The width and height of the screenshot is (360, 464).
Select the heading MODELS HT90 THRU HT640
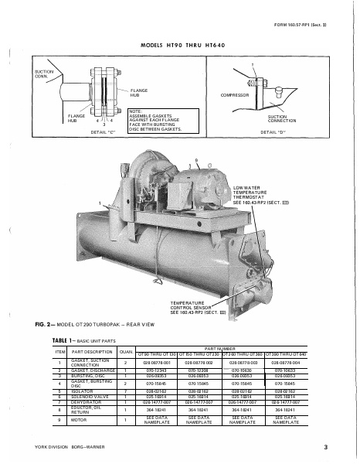click(180, 45)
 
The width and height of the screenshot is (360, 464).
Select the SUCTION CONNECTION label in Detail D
click(283, 120)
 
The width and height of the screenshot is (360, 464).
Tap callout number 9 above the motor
click(196, 159)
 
